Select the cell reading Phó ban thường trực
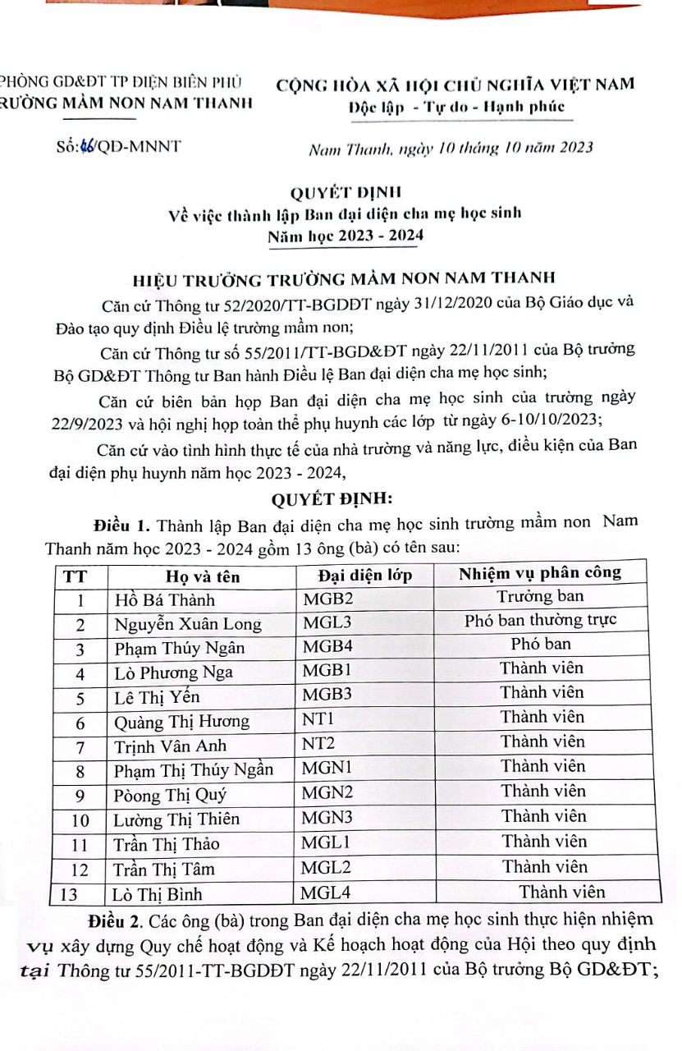click(540, 620)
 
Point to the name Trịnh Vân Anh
click(171, 747)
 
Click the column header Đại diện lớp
click(365, 574)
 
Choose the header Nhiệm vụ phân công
click(540, 572)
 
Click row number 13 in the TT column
click(80, 893)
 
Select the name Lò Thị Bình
click(158, 893)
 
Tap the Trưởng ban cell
click(540, 596)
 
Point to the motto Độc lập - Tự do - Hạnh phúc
click(456, 108)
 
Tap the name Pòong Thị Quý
click(171, 796)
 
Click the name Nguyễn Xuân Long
click(187, 624)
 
